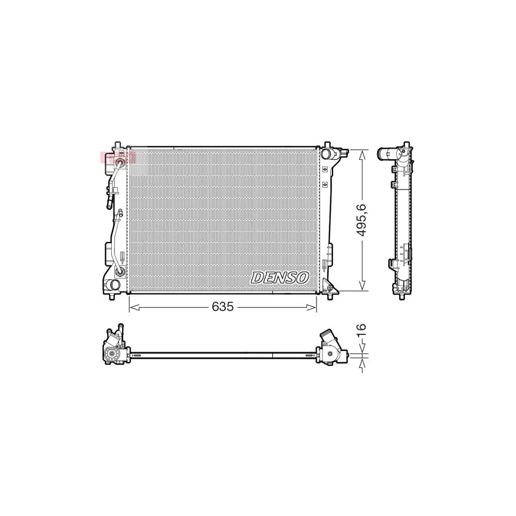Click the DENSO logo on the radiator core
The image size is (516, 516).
click(280, 277)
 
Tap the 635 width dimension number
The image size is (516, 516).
click(222, 307)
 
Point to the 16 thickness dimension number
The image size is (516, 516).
click(361, 331)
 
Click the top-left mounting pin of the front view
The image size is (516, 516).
click(118, 143)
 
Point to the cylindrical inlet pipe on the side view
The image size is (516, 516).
click(388, 154)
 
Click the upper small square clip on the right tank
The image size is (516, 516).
click(325, 170)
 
